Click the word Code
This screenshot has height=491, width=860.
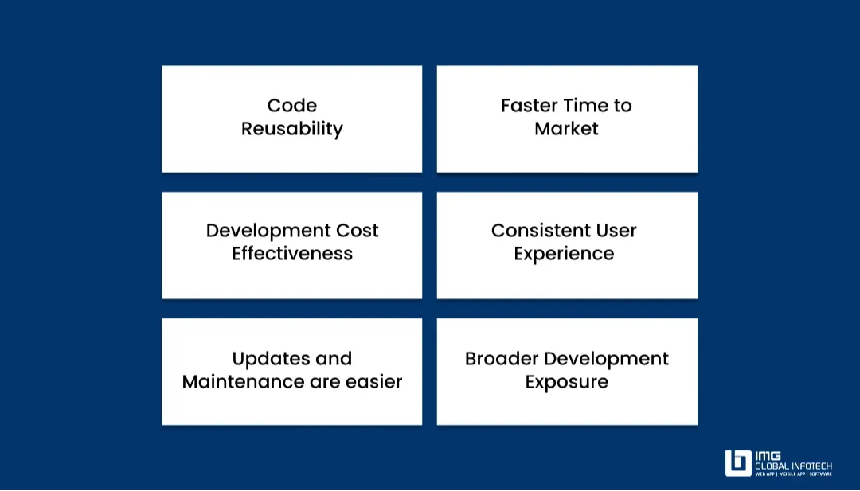291,106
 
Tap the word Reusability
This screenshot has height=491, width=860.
291,129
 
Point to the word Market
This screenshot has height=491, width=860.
566,129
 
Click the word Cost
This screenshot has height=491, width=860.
357,231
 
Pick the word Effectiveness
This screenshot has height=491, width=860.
291,254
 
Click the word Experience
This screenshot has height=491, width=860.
564,255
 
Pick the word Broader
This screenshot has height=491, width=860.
498,359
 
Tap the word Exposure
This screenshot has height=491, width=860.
566,382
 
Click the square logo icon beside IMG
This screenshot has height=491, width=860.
738,462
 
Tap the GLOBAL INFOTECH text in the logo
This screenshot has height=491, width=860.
793,466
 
